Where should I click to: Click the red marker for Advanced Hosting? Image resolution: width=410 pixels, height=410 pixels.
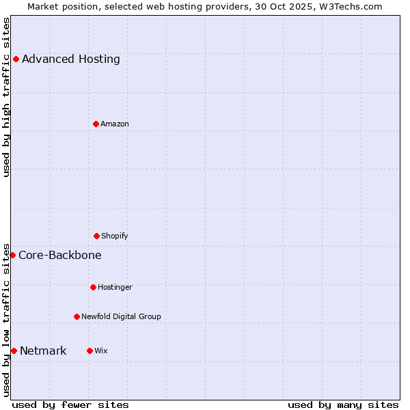click(16, 59)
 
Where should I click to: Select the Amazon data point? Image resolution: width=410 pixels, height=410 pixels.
click(96, 124)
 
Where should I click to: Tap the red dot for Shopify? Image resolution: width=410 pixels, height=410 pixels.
click(96, 236)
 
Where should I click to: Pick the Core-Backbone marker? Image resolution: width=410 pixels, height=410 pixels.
click(12, 255)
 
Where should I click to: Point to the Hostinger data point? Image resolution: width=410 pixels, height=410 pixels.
click(93, 287)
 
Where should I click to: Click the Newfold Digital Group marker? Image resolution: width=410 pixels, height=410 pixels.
click(77, 316)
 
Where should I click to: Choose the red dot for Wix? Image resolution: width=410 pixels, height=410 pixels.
click(90, 351)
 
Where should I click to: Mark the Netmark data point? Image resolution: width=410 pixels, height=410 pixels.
click(14, 351)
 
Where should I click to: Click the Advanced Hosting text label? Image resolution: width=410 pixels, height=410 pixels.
click(70, 59)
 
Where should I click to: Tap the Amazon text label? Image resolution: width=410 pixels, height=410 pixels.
click(115, 124)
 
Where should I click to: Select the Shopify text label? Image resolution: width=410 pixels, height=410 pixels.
click(115, 236)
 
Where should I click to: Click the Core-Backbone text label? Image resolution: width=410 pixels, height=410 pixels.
click(60, 255)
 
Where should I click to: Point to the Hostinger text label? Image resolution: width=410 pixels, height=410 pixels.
click(115, 287)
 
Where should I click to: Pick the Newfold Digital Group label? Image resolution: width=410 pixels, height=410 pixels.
click(121, 316)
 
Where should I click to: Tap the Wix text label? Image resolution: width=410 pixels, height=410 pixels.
click(101, 351)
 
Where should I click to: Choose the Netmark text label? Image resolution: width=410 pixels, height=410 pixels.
click(43, 351)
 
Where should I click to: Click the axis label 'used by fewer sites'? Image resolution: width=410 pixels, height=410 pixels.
click(70, 405)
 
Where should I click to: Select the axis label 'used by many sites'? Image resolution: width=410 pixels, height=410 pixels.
click(343, 405)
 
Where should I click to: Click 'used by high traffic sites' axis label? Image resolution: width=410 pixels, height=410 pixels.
click(6, 97)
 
